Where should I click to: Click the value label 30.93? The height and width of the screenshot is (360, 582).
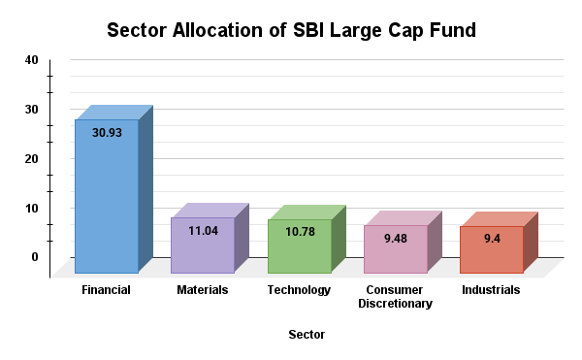[107, 132]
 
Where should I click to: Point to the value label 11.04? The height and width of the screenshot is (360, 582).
[203, 230]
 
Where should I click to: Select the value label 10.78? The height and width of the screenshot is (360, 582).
[299, 232]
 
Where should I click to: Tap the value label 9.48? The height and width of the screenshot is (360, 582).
[395, 239]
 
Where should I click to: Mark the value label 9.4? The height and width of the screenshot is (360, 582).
[491, 239]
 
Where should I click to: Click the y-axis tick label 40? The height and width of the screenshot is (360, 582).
[32, 60]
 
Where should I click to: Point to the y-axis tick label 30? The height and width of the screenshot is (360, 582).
[32, 110]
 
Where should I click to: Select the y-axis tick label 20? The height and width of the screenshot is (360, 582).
[32, 158]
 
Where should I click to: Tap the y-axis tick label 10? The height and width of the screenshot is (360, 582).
[32, 208]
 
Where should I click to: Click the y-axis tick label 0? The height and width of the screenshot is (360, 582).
[35, 257]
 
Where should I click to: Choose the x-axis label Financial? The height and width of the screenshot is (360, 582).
[107, 290]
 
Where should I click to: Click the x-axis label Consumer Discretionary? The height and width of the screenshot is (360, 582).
[395, 297]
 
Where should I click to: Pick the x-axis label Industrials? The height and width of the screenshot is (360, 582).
[491, 290]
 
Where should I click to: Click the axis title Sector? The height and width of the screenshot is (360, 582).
[307, 335]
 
